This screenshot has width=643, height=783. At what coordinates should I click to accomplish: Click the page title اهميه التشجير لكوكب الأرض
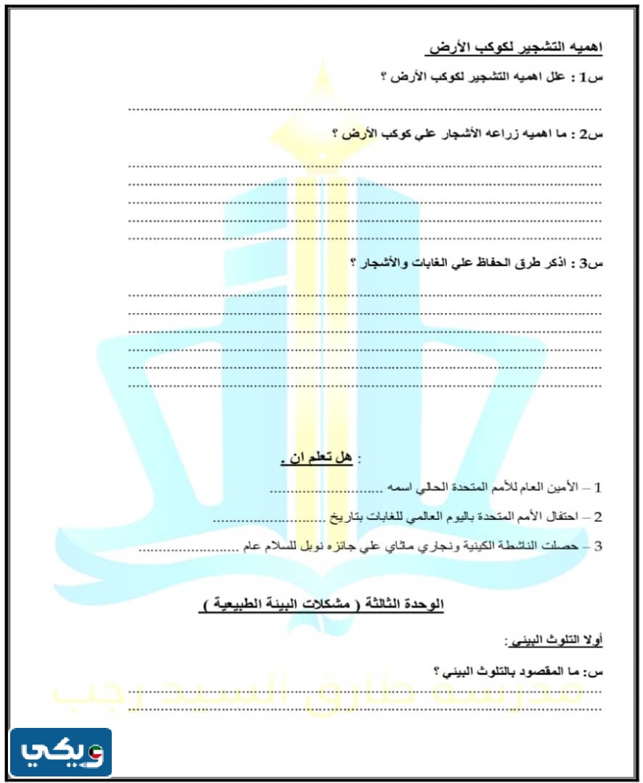515,49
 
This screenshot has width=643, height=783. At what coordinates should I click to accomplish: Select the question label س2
589,134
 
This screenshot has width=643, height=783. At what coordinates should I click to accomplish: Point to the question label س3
589,263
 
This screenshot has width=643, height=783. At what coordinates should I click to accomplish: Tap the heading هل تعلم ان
317,458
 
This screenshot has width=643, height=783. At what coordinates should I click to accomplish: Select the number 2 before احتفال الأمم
598,518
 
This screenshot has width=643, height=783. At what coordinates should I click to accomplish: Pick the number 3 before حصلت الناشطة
598,546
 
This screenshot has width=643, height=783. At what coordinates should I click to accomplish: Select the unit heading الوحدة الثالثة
415,604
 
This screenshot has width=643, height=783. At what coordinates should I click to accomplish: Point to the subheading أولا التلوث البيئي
554,640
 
